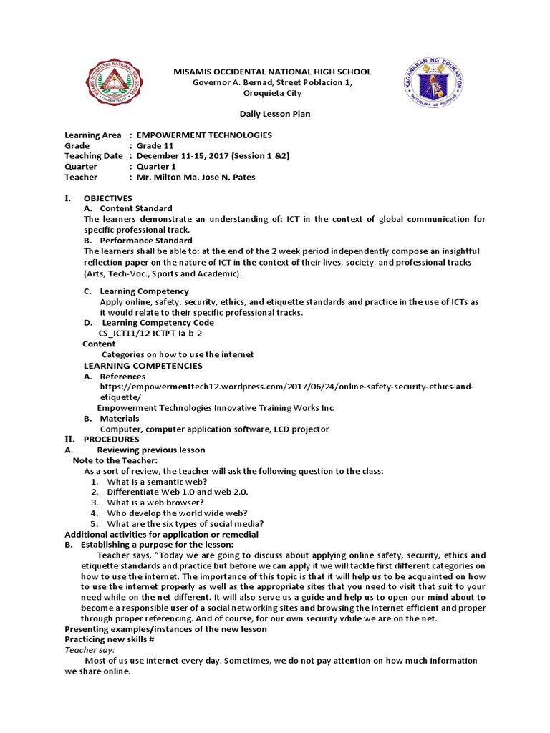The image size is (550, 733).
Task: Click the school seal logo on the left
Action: tap(115, 83)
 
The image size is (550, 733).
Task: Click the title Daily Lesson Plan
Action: tap(274, 114)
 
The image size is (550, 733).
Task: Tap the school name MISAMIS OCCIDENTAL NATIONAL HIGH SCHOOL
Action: tap(274, 72)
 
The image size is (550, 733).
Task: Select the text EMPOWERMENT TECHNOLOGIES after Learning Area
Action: tap(204, 135)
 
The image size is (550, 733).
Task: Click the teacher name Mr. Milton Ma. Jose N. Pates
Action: tap(196, 177)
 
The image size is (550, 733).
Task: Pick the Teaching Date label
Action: tap(93, 156)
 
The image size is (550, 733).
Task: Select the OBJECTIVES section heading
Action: tap(107, 198)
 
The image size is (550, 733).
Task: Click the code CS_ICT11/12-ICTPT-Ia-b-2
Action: tap(150, 334)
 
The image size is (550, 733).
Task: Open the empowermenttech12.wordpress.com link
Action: tap(286, 387)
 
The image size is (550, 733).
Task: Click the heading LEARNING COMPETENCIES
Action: tap(143, 366)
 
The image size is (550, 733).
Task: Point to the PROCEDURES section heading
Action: tap(112, 439)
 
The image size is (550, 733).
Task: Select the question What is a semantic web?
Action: tap(157, 482)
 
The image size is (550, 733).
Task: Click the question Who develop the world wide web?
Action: tap(177, 513)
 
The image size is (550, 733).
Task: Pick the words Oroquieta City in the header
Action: tap(273, 93)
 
